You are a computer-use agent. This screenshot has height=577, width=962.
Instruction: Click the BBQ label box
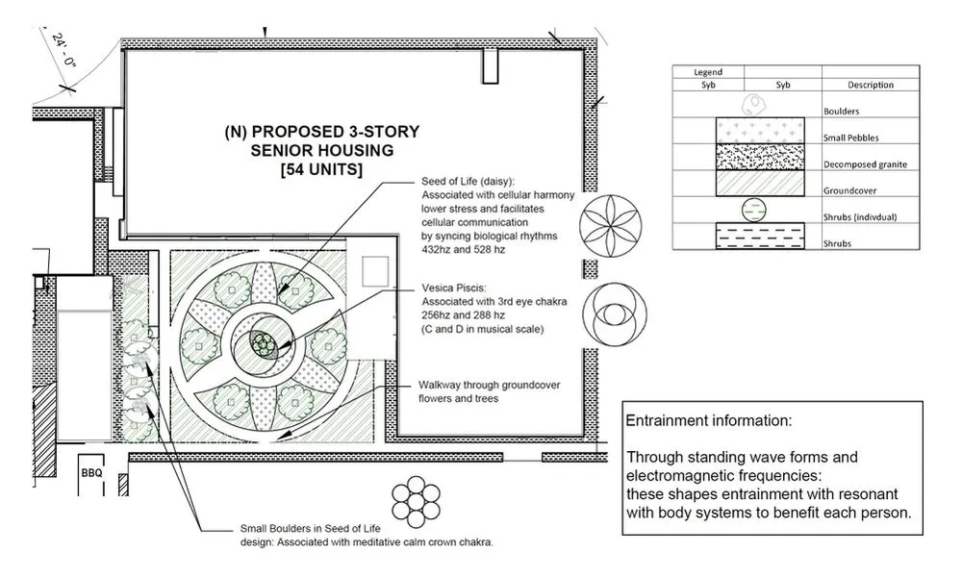(x=91, y=472)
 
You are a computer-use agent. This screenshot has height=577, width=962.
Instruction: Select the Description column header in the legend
(x=871, y=85)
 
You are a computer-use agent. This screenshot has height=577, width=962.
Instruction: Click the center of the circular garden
(x=263, y=343)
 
